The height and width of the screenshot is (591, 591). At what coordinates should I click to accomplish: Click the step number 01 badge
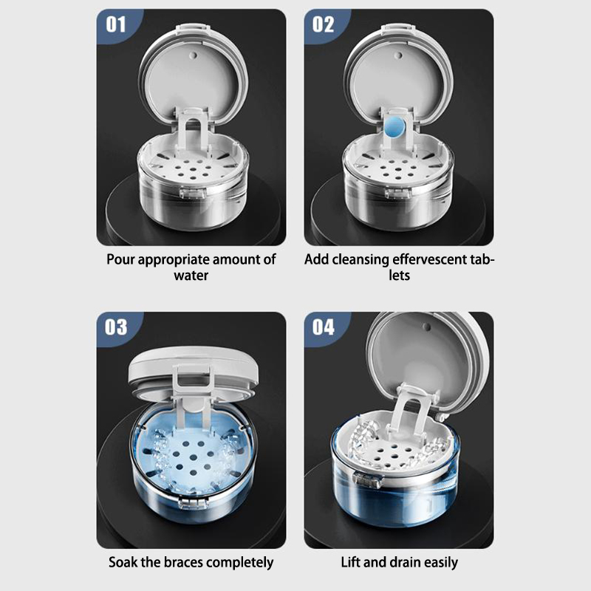point(116,25)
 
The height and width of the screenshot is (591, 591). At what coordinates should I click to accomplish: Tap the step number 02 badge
point(323,25)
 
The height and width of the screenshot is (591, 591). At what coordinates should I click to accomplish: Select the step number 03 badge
point(116,327)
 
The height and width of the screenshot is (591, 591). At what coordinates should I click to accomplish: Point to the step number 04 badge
point(324,327)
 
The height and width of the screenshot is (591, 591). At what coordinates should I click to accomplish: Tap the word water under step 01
point(191,276)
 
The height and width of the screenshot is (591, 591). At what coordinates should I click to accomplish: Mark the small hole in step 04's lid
point(427,327)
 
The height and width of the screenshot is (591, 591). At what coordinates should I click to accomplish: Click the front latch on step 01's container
point(192,193)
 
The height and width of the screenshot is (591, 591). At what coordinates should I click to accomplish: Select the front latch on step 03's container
point(193,502)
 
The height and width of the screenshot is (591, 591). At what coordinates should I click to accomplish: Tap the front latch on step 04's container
point(367,479)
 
